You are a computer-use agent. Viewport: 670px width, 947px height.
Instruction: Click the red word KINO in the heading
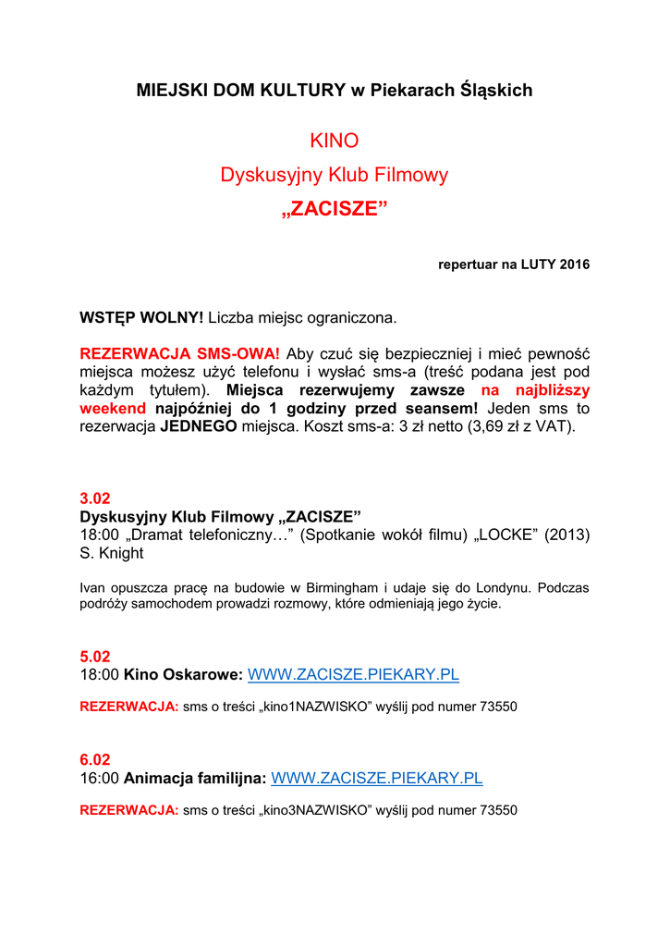point(334,141)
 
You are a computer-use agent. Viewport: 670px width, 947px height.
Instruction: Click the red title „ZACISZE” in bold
point(334,208)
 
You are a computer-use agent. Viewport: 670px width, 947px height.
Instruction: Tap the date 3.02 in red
point(95,498)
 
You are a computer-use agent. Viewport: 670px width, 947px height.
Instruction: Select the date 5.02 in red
point(95,657)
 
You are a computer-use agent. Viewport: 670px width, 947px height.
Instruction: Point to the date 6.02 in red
point(95,759)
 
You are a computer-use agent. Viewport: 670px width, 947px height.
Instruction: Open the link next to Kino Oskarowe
point(353,675)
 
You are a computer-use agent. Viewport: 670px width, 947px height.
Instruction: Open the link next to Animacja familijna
point(376,778)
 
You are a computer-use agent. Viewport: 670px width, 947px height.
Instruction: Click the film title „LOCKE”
point(506,535)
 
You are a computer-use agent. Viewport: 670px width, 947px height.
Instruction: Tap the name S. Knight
point(112,553)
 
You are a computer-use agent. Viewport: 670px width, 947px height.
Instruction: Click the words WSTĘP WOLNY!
point(141,318)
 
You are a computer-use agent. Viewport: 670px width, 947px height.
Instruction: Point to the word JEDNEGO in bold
point(199,426)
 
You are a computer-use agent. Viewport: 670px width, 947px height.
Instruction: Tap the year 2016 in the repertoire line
point(573,264)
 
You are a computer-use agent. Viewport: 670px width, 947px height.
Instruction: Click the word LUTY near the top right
point(539,264)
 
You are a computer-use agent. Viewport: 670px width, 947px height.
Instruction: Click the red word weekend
point(113,408)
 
